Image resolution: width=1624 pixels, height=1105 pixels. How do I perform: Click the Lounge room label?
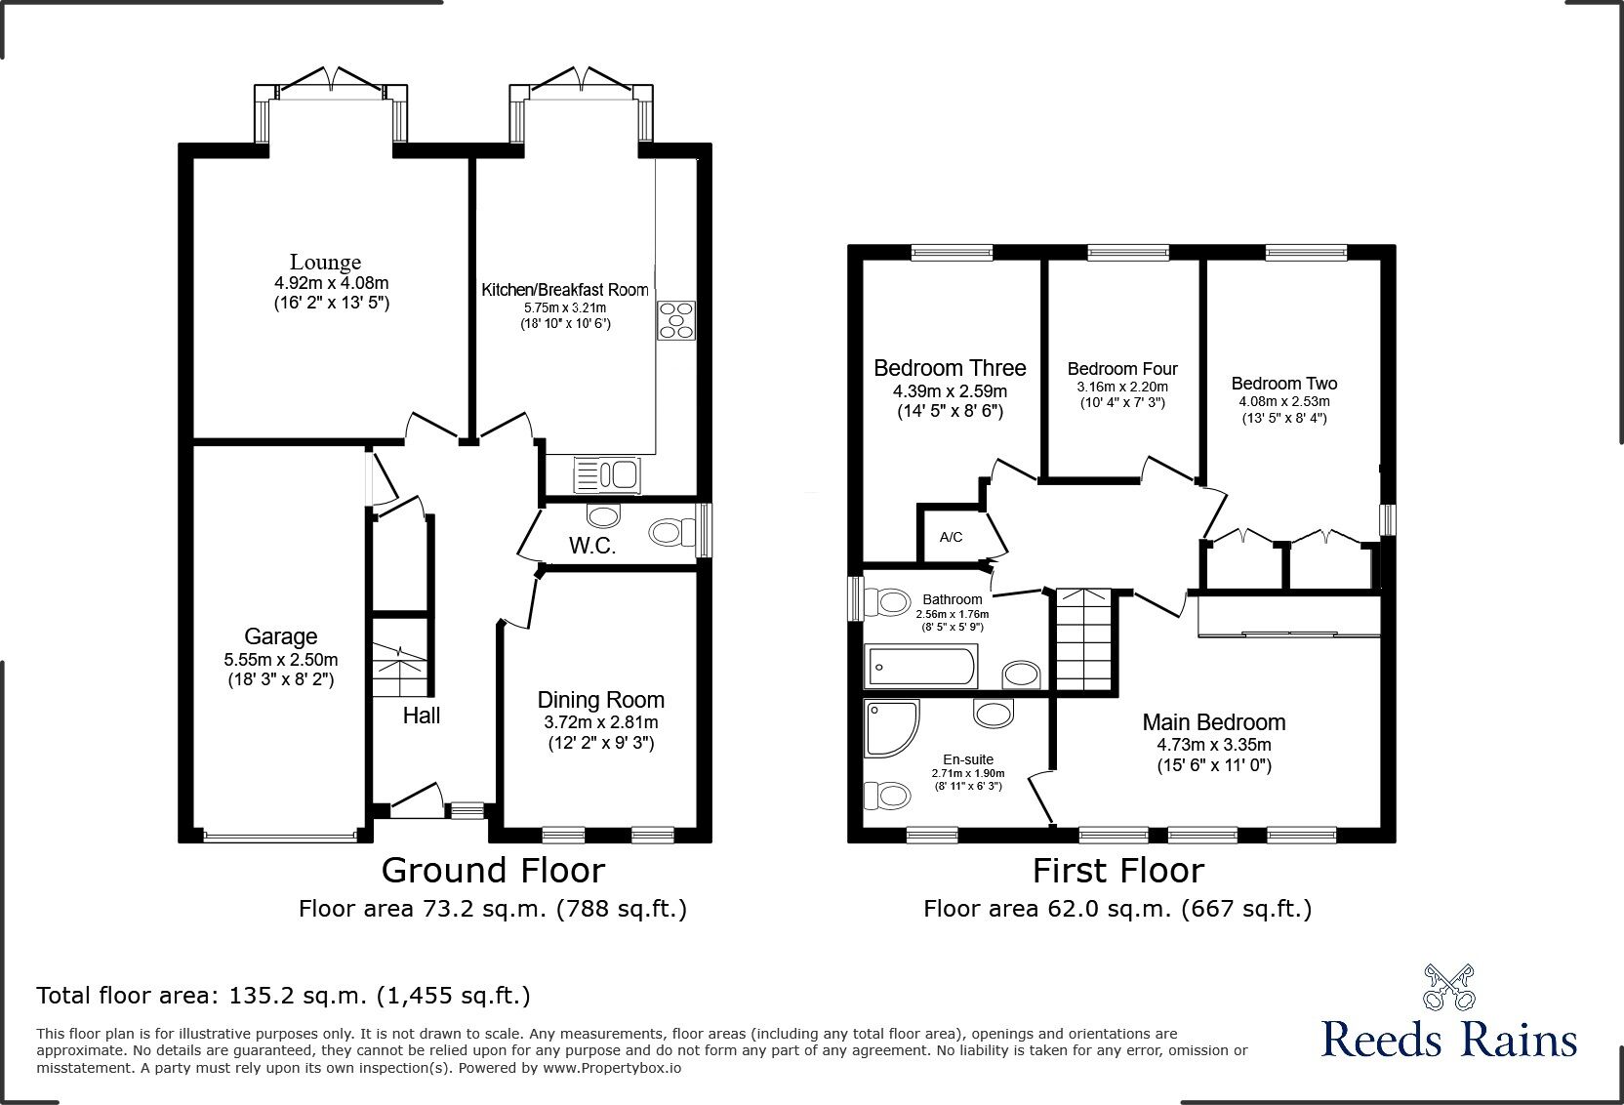pyautogui.click(x=325, y=262)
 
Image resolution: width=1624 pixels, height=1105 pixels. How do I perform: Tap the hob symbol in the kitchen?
pyautogui.click(x=676, y=320)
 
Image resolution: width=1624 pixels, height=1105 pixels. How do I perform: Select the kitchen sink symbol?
pyautogui.click(x=605, y=474)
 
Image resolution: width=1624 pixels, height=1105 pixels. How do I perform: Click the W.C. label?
pyautogui.click(x=592, y=546)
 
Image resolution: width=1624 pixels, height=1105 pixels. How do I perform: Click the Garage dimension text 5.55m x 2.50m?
pyautogui.click(x=280, y=659)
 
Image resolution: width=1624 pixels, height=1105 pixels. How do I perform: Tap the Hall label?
pyautogui.click(x=422, y=716)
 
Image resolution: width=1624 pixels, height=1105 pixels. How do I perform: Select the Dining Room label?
pyautogui.click(x=600, y=700)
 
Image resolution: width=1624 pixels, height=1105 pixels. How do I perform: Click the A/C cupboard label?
pyautogui.click(x=951, y=537)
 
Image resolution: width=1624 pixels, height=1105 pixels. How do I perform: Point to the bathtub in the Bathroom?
pyautogui.click(x=920, y=667)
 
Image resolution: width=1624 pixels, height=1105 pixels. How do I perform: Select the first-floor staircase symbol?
pyautogui.click(x=1084, y=639)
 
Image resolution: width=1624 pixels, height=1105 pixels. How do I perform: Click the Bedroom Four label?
pyautogui.click(x=1121, y=369)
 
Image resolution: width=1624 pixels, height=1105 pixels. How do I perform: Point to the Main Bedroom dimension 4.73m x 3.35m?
pyautogui.click(x=1214, y=745)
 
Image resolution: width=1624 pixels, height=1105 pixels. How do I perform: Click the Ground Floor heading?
pyautogui.click(x=493, y=870)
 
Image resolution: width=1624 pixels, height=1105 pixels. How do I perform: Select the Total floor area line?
pyautogui.click(x=283, y=996)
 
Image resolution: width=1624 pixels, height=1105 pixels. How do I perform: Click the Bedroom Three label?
pyautogui.click(x=950, y=368)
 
